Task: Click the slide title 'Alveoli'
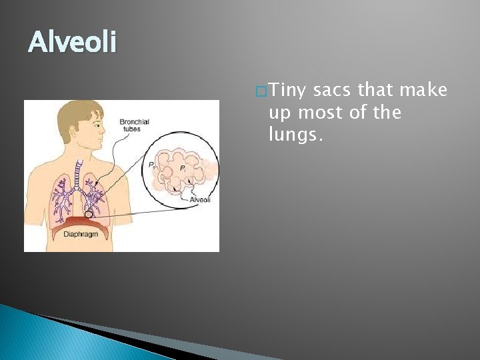pos(72,43)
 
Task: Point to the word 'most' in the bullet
pos(323,113)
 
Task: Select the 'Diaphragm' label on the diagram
pos(80,234)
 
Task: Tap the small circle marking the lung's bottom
pos(89,215)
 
